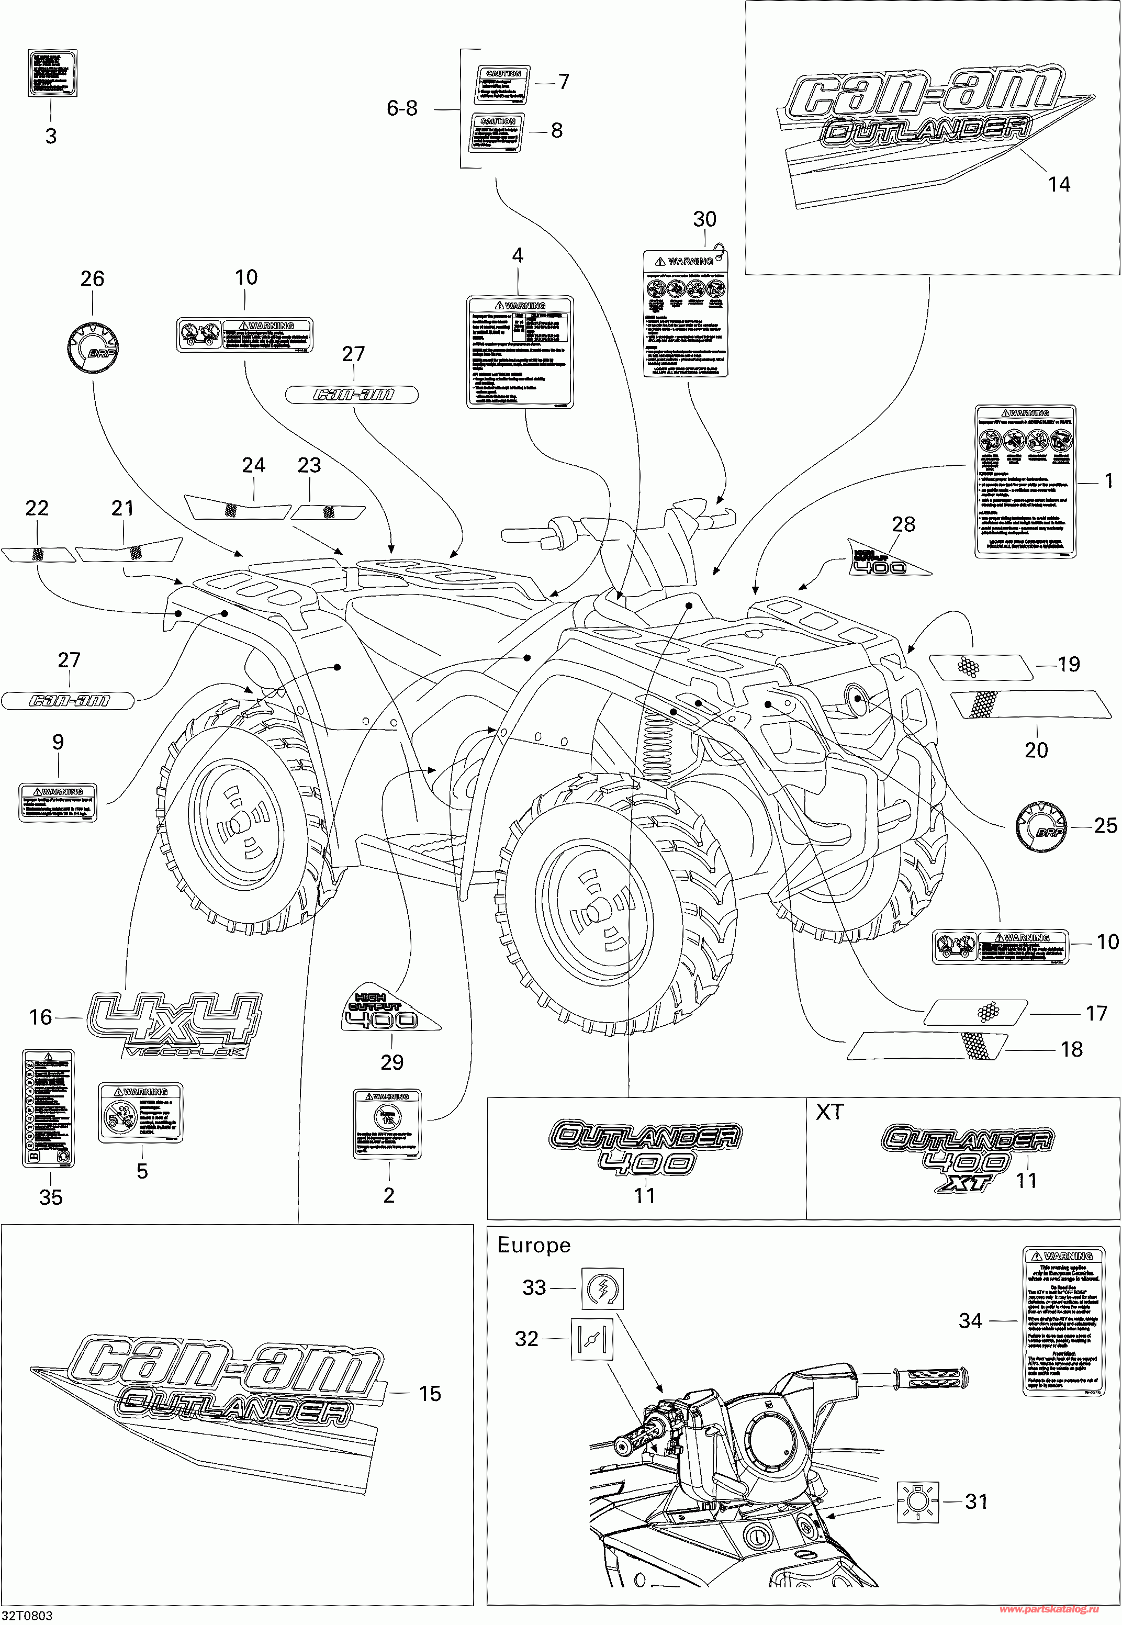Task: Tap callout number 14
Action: tap(1059, 184)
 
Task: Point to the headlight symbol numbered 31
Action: tap(918, 1501)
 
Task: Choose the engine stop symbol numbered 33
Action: tap(602, 1287)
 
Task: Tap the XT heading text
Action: tap(829, 1113)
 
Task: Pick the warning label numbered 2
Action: tap(387, 1124)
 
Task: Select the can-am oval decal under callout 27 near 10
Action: tap(352, 394)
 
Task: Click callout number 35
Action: tap(51, 1197)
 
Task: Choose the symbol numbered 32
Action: tap(592, 1338)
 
